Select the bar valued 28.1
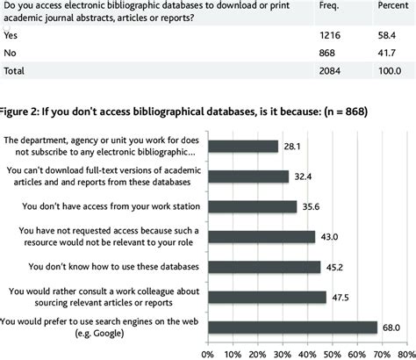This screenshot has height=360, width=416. point(242,147)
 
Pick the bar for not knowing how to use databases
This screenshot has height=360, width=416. point(263,267)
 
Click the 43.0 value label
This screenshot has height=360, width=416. point(327,237)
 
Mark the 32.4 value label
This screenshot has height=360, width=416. point(301,176)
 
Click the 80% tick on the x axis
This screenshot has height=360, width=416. point(406,353)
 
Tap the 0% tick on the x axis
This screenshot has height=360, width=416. point(207,353)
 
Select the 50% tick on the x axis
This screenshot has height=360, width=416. point(332,353)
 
